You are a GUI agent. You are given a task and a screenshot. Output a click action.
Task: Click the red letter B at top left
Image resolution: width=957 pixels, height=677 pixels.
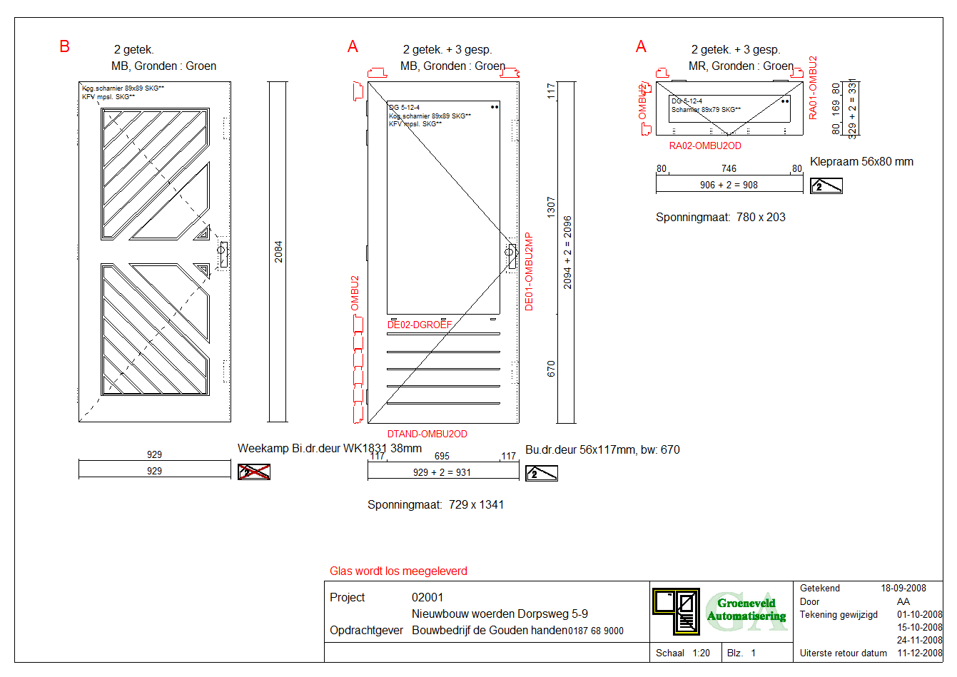point(64,47)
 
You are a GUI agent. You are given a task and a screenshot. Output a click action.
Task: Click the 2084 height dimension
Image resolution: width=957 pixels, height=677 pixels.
point(278,251)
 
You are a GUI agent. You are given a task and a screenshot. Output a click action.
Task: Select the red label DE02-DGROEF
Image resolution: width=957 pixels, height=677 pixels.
point(420,325)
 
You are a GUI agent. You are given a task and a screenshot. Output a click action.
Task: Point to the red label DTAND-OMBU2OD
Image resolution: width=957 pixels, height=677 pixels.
point(427,434)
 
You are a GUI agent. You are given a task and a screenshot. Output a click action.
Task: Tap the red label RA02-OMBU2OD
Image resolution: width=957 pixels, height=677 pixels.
point(705,146)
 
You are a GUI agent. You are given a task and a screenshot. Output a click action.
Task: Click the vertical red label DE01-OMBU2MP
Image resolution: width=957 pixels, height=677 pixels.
point(529,271)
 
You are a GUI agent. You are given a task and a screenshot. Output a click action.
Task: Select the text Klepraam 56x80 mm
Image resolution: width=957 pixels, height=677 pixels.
point(861,161)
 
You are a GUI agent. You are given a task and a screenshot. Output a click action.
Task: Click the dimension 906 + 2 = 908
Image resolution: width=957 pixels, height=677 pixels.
point(729,185)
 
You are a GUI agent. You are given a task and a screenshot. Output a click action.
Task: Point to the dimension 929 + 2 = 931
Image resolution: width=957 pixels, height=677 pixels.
point(442,472)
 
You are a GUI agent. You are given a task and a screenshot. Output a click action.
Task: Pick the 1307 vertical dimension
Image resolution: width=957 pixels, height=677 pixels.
point(551,207)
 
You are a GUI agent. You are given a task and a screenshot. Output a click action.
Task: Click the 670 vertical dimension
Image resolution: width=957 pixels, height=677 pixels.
point(551,368)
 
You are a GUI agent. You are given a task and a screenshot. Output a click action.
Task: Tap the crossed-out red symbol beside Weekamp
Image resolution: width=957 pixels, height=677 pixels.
point(254,472)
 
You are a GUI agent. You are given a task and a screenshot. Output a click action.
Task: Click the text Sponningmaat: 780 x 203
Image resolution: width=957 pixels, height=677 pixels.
point(720,217)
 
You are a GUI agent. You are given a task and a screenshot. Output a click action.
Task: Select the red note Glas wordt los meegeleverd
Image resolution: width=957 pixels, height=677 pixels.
point(398,571)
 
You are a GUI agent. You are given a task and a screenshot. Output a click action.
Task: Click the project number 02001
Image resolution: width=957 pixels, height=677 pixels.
point(427,597)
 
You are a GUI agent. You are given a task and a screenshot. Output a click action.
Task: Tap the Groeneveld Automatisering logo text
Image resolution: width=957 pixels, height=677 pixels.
point(746,609)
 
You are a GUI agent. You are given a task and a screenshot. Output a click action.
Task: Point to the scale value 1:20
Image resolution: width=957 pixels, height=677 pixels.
point(701,653)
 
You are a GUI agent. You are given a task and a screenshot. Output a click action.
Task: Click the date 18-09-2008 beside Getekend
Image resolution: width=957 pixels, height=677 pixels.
point(903,588)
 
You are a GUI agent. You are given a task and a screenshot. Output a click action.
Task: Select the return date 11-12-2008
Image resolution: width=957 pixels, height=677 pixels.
point(919,653)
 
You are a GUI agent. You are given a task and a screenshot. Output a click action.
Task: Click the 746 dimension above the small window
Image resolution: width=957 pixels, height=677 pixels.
point(729,168)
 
